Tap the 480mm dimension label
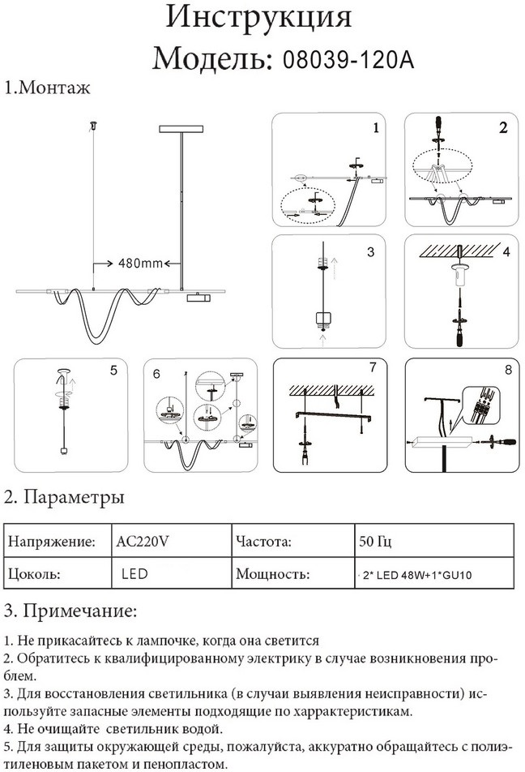coord(141,264)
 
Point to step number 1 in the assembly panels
coord(375,128)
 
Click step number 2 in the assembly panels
coord(503,128)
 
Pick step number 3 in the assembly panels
coord(371,252)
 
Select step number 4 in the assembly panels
coord(506,252)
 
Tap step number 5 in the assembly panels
coord(113,371)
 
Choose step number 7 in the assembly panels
coord(372,368)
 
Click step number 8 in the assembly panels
coord(508,371)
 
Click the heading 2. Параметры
coord(64,496)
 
